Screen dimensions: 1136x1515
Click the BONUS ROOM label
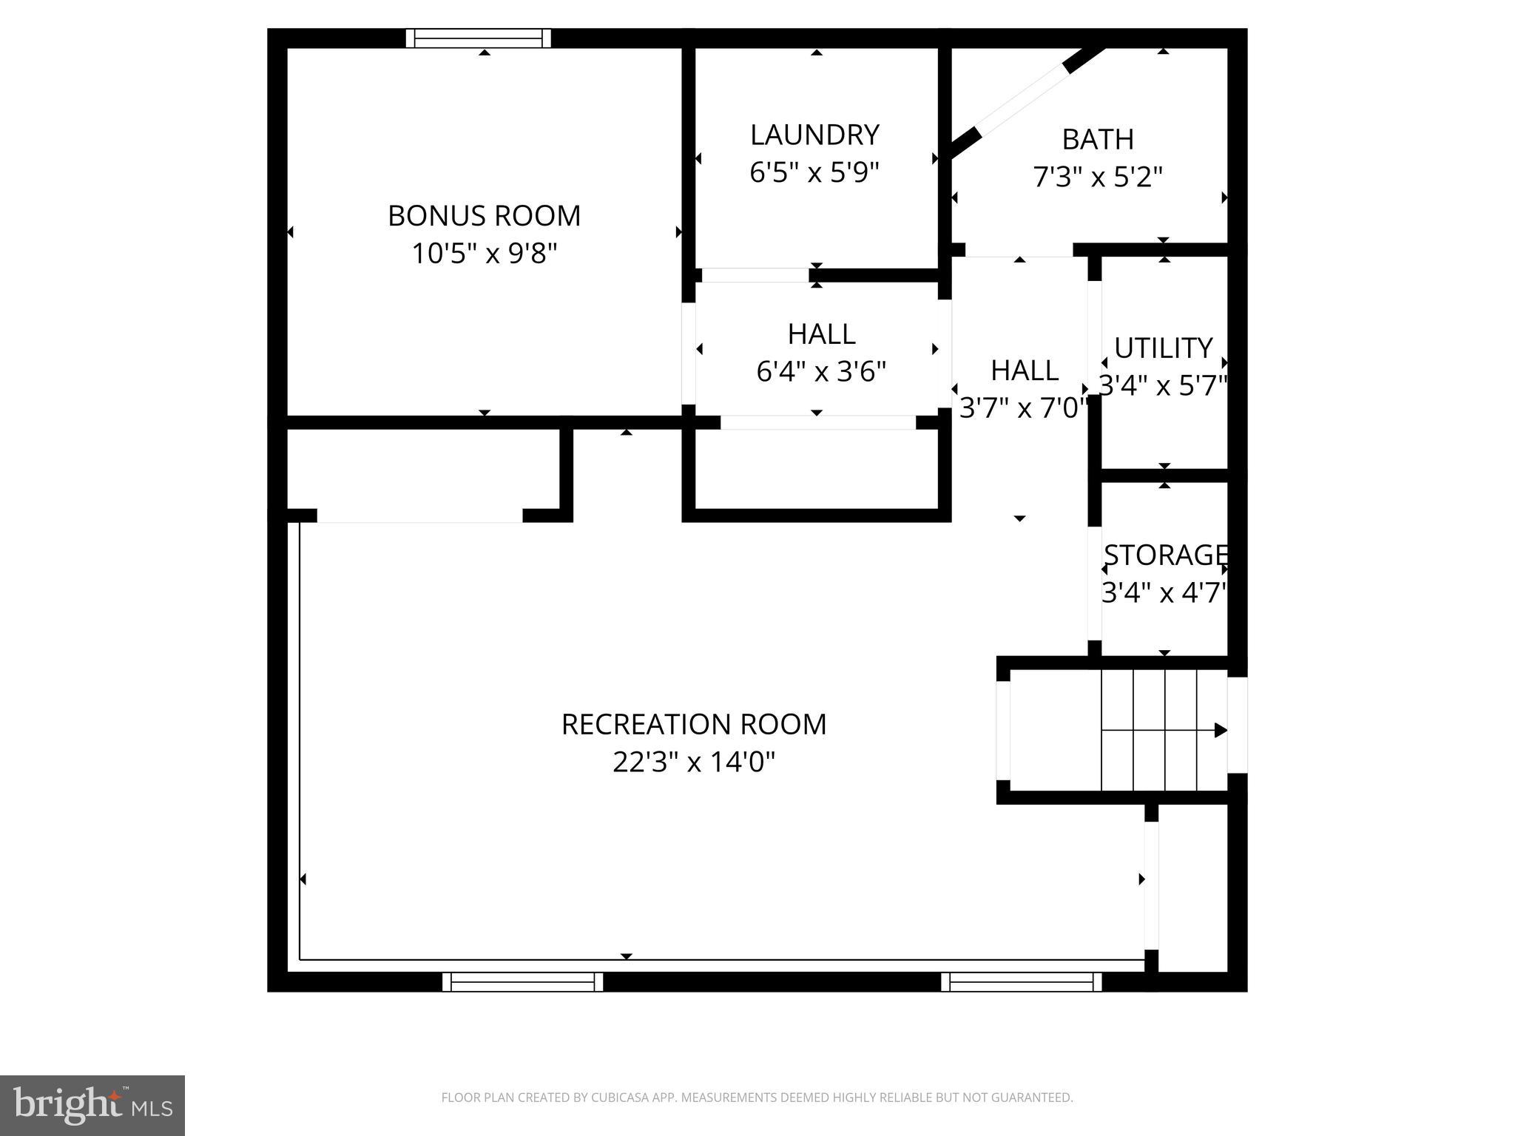(x=484, y=216)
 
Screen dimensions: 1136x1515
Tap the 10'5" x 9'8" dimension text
(x=484, y=254)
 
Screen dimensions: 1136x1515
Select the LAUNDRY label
(x=814, y=135)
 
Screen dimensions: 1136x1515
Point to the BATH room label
(x=1098, y=139)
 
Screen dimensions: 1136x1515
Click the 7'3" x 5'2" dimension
(x=1098, y=177)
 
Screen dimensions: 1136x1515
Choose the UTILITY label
(x=1163, y=348)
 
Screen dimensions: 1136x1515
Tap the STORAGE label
(x=1165, y=555)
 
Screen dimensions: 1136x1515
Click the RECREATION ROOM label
(x=694, y=724)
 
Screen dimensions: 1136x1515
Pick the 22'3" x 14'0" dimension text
(x=694, y=762)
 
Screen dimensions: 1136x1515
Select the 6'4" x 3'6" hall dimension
(x=821, y=371)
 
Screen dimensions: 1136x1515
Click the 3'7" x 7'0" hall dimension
(x=1024, y=408)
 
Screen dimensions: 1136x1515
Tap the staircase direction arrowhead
(x=1221, y=731)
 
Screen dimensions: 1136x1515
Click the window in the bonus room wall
(x=479, y=38)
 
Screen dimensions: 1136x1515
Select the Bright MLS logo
(x=92, y=1105)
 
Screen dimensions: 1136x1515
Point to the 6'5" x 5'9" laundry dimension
(x=814, y=173)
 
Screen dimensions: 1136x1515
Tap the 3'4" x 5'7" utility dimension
(x=1163, y=385)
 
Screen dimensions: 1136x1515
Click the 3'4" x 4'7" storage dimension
(x=1165, y=592)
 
